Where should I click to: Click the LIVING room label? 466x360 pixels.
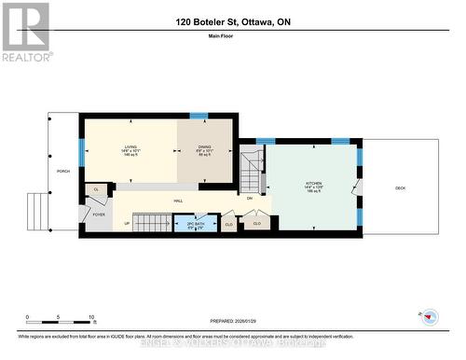(130, 147)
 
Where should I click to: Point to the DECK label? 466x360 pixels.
(400, 188)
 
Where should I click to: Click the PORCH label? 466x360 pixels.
(62, 172)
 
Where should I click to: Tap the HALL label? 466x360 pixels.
(177, 201)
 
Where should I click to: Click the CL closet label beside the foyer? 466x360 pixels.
(95, 189)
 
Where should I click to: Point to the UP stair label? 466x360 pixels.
(127, 224)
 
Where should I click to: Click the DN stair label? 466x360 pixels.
(249, 199)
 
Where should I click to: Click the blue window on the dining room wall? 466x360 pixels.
(199, 116)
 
